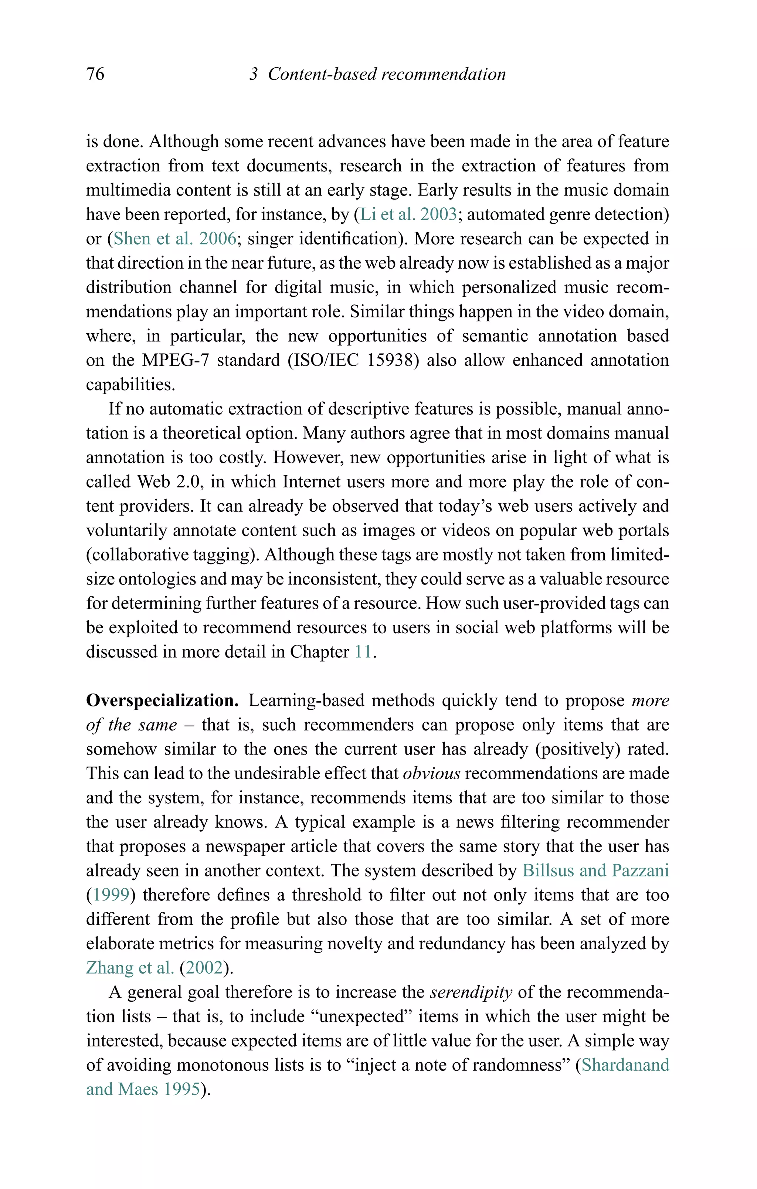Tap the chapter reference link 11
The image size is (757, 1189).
(363, 652)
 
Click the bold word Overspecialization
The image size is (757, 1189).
(163, 700)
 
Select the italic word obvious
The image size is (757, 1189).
(431, 773)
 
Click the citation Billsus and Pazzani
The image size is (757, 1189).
(595, 871)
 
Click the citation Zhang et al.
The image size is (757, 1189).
(130, 967)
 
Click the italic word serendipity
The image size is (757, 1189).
(471, 992)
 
